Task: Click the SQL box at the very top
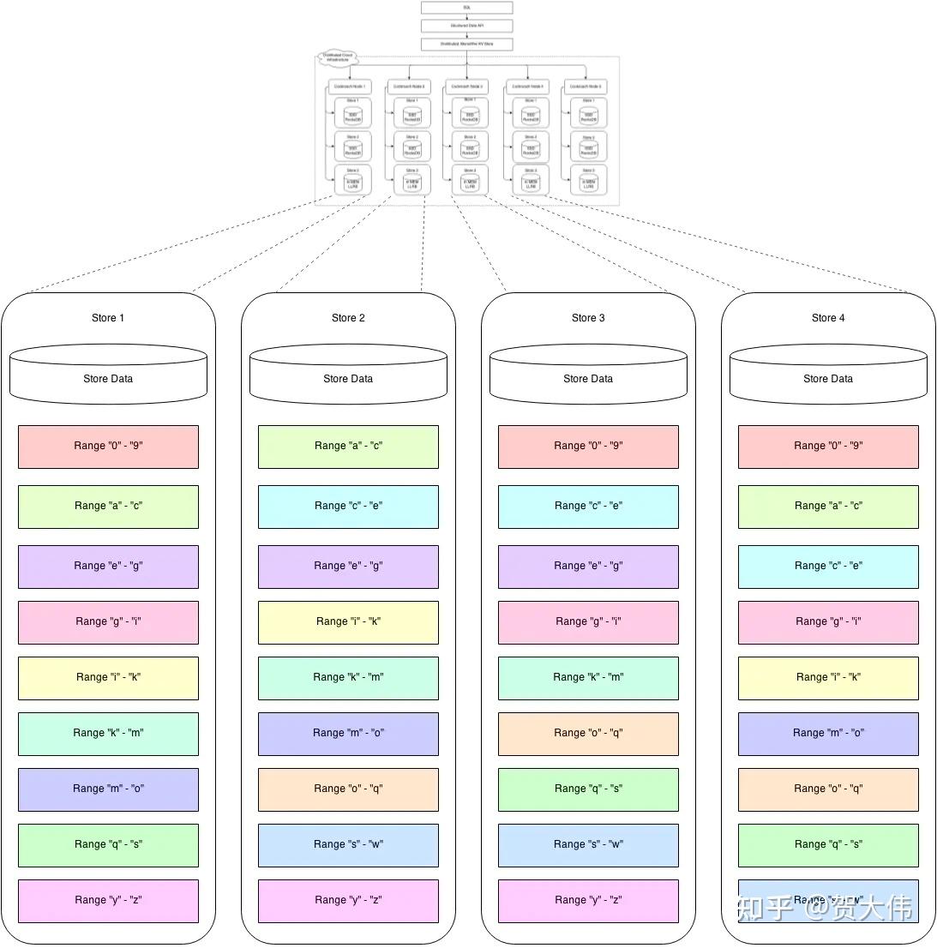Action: [466, 8]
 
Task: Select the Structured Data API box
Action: [466, 26]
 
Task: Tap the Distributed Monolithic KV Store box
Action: [466, 44]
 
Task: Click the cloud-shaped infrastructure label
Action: [336, 58]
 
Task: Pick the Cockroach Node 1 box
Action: [349, 87]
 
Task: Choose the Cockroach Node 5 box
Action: [586, 87]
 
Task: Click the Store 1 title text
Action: [108, 318]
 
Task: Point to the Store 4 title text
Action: [828, 318]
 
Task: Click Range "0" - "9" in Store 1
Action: [108, 447]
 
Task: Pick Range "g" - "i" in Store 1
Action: [108, 622]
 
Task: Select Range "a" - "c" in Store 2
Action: [348, 447]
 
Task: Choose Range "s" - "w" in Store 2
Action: [348, 845]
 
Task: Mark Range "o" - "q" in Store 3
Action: [588, 734]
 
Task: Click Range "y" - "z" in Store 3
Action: [588, 901]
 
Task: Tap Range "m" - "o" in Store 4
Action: [828, 734]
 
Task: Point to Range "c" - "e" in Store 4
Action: [828, 567]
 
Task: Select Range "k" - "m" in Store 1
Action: [108, 734]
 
